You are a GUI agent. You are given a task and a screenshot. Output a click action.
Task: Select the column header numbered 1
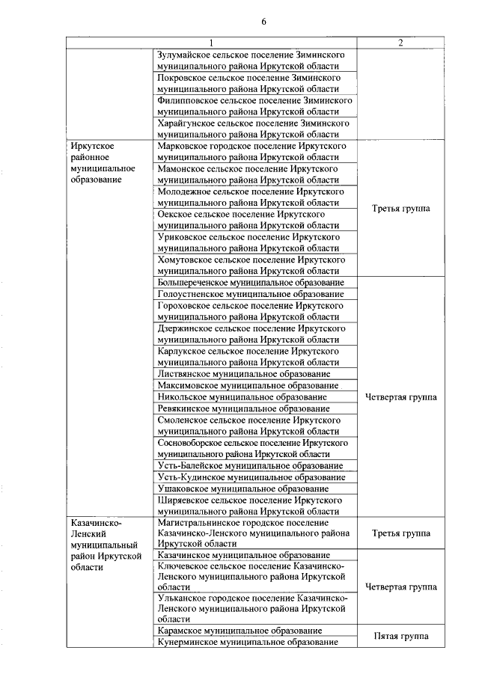pos(211,43)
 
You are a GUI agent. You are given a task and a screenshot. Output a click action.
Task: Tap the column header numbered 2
pos(400,43)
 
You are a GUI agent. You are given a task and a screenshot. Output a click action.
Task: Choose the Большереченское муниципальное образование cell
pos(251,283)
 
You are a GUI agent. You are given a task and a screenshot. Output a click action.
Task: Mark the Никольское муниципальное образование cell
pos(242,396)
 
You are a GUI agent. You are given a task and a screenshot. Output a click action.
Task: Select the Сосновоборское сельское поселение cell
pos(254,447)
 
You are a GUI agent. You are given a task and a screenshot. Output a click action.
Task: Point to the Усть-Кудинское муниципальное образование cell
pos(251,477)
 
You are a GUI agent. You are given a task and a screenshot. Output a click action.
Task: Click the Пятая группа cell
pos(400,637)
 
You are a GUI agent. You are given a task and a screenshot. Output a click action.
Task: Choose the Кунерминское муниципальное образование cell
pos(247,643)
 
